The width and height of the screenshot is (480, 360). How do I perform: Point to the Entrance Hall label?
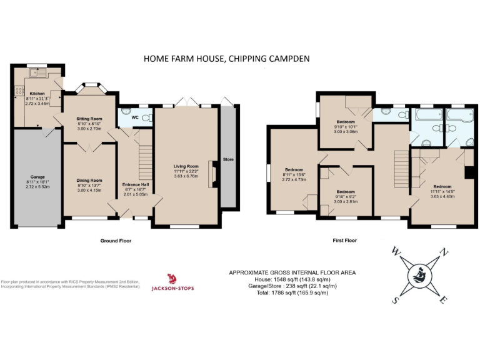(x=135, y=185)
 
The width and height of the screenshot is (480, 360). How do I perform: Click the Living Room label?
(x=186, y=166)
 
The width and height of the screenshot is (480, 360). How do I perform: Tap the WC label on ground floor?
(x=136, y=117)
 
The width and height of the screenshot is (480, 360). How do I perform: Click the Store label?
(x=228, y=160)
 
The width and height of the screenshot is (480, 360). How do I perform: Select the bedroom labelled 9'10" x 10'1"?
(x=346, y=121)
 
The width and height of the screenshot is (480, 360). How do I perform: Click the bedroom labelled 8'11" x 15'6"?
(x=294, y=170)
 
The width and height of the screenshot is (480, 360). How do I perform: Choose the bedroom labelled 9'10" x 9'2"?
(x=346, y=192)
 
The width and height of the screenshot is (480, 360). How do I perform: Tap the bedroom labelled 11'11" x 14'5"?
(x=442, y=186)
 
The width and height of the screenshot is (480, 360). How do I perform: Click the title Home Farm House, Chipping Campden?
(x=226, y=59)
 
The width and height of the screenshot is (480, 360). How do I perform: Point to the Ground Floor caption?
(x=116, y=241)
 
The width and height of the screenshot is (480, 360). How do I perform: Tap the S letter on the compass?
(x=395, y=300)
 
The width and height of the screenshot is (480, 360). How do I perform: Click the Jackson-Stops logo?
(x=172, y=282)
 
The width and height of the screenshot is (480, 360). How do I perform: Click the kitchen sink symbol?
(x=39, y=74)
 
